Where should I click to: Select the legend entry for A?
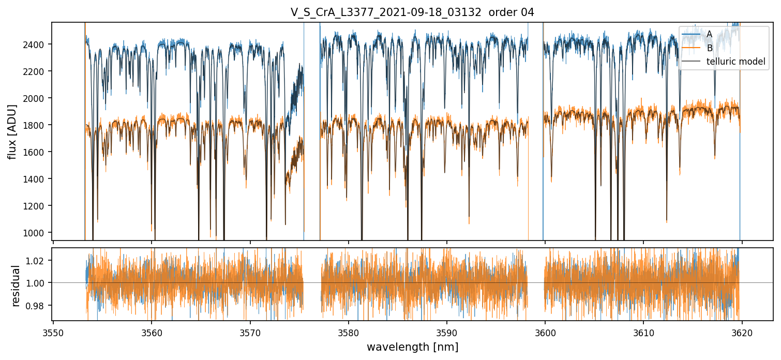[x=709, y=34]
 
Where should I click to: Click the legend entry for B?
[x=709, y=48]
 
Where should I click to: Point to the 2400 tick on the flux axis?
[x=37, y=44]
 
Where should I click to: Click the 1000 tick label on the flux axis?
[x=37, y=233]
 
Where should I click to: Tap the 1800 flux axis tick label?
[x=37, y=125]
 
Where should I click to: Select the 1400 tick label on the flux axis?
[x=37, y=179]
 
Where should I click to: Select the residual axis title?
[x=16, y=286]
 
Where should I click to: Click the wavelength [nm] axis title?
[x=412, y=347]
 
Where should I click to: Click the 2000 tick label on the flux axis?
[x=37, y=98]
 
